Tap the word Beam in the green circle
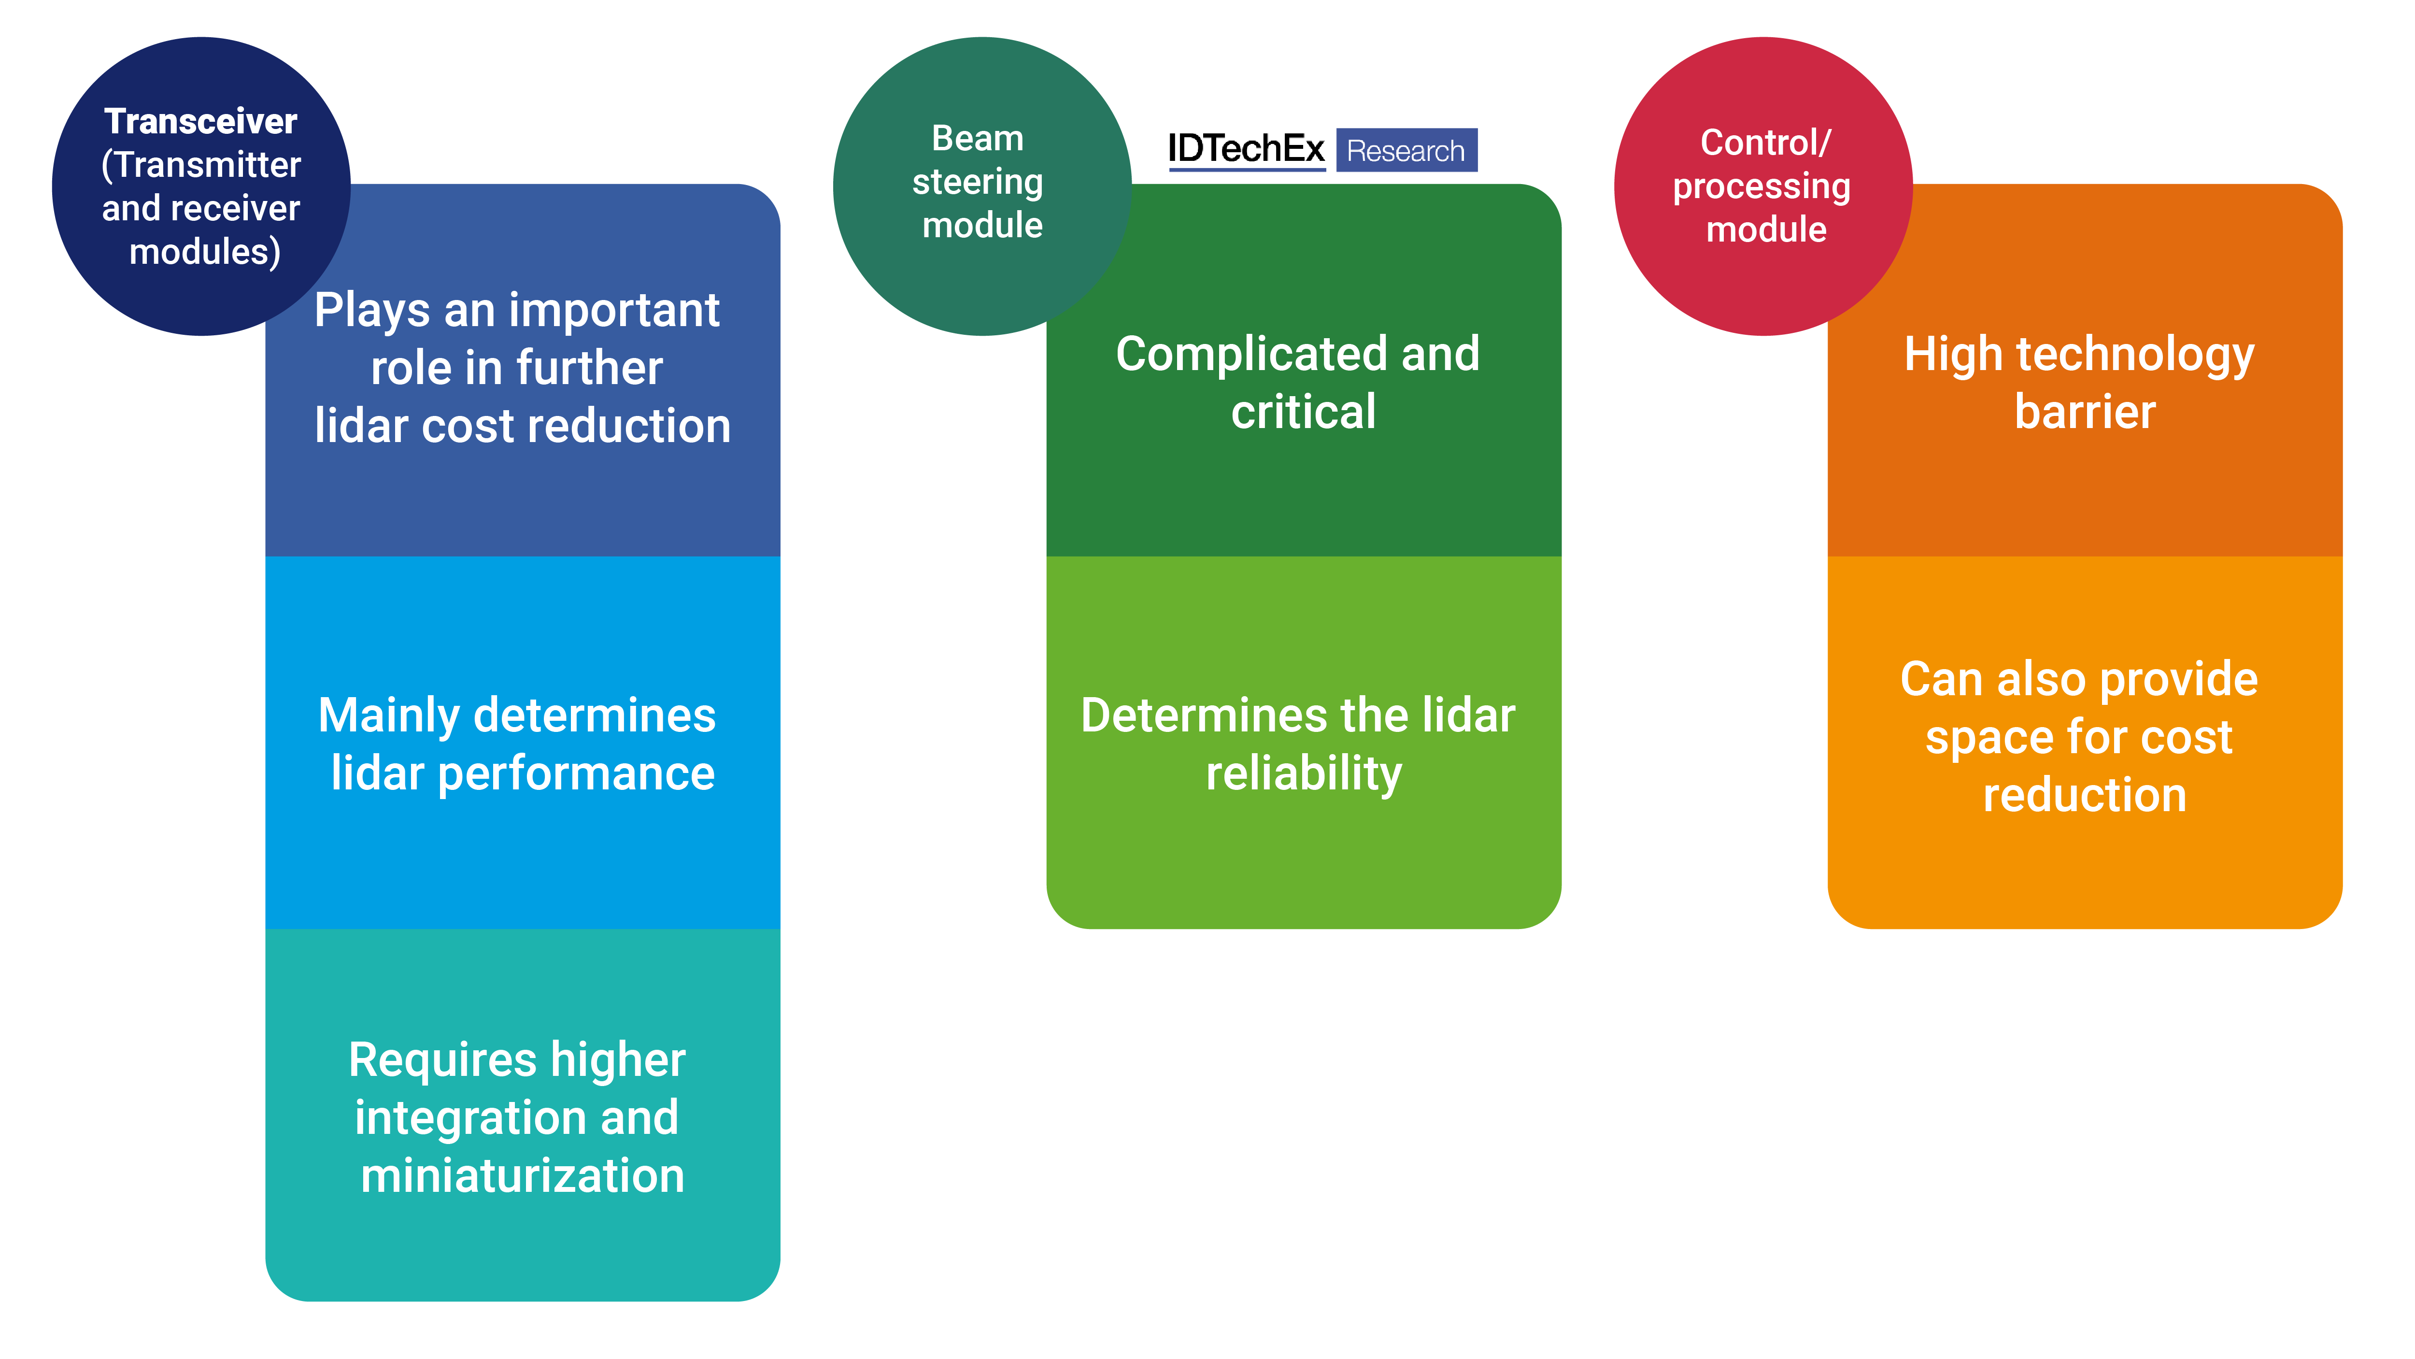click(977, 139)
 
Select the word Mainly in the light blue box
click(389, 715)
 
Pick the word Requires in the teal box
click(442, 1061)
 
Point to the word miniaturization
click(522, 1176)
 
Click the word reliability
click(1303, 774)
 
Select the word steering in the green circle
click(977, 182)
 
